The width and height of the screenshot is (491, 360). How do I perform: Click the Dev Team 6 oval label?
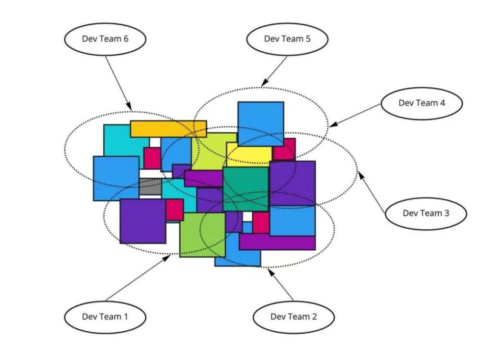105,39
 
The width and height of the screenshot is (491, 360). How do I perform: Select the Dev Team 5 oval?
287,39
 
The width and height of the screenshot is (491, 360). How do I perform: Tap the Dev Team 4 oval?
422,103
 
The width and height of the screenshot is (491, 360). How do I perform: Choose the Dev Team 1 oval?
105,316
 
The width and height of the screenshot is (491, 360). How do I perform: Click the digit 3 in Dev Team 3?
446,213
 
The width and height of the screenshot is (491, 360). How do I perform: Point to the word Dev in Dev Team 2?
278,316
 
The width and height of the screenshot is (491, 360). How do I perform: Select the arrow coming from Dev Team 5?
274,71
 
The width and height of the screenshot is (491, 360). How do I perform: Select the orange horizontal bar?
168,128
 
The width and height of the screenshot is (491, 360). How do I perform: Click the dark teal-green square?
246,189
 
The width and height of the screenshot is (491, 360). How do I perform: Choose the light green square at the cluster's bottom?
202,235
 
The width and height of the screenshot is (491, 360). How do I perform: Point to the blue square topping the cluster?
260,123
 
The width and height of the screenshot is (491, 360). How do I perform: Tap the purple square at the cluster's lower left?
142,221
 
